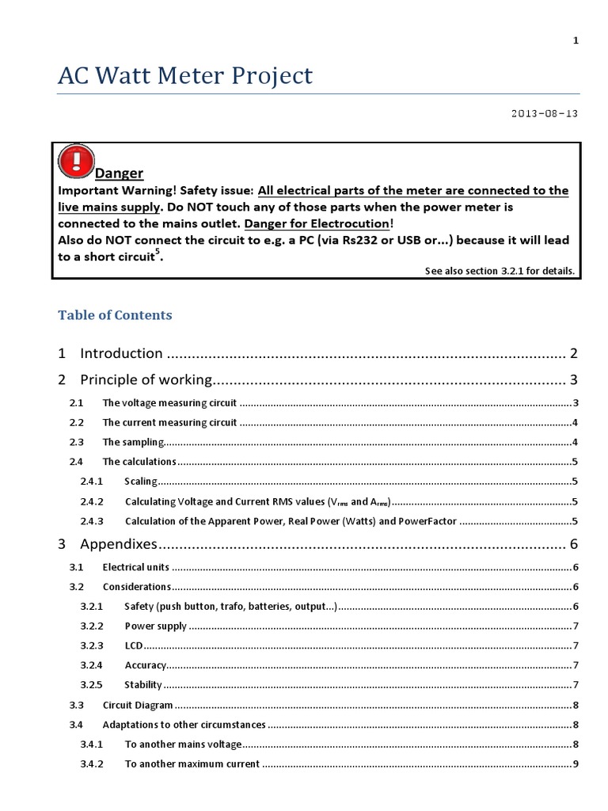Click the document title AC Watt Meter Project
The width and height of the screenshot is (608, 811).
tap(185, 76)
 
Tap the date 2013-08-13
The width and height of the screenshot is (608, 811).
tap(545, 113)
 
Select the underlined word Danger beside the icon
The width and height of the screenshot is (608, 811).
tap(119, 173)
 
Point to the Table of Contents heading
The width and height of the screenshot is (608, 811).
tap(115, 314)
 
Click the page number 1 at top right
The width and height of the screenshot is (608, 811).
tap(576, 42)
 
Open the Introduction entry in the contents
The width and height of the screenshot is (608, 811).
tap(121, 353)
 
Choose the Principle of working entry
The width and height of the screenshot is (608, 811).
tap(146, 379)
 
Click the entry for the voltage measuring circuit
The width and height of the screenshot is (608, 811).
tap(170, 402)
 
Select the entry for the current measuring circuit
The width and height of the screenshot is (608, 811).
tap(169, 422)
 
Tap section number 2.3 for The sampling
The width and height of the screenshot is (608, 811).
tap(76, 442)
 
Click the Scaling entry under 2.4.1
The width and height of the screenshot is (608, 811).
tap(141, 482)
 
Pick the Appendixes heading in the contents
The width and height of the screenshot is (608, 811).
tap(120, 544)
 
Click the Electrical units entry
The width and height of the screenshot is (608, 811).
tap(136, 567)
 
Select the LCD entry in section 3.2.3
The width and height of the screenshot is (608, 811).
tap(133, 645)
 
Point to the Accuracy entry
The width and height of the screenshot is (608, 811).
tap(145, 665)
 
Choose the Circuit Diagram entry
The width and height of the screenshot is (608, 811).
tap(138, 705)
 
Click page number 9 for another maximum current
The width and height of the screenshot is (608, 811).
tap(575, 764)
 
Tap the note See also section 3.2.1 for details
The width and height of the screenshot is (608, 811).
tap(500, 271)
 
